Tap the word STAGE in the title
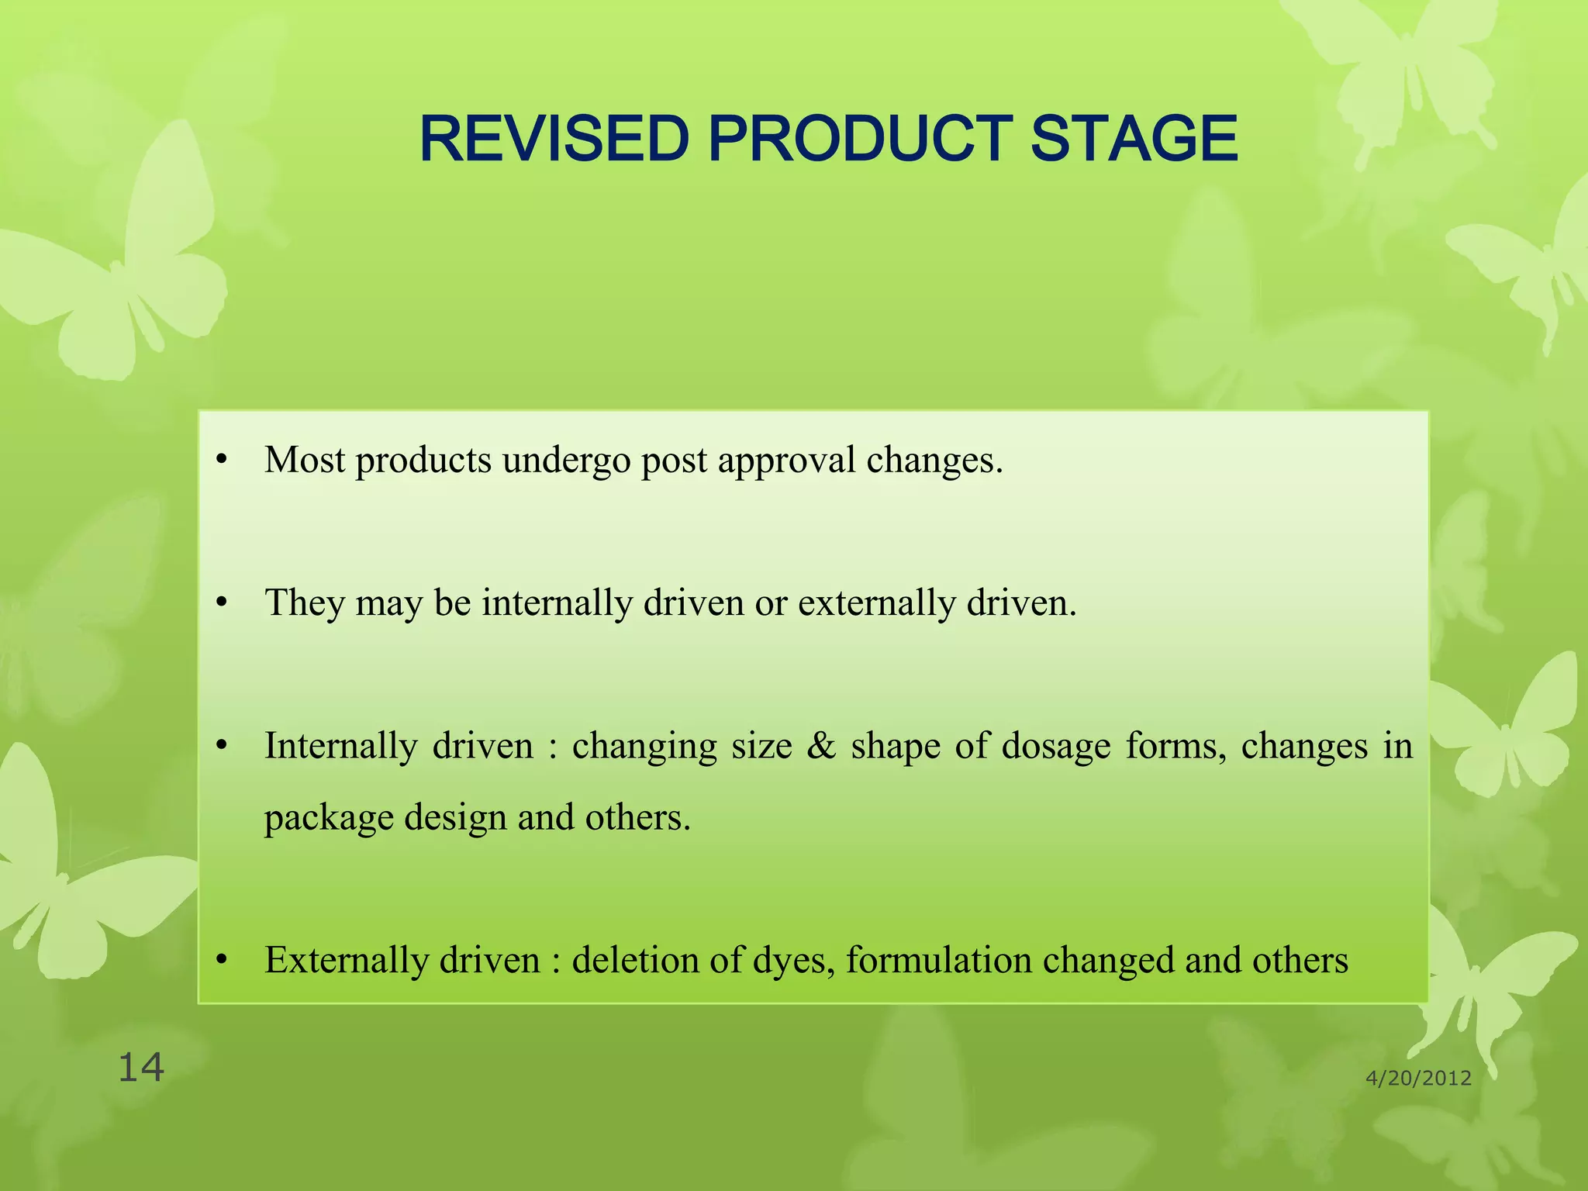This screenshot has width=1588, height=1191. (1134, 139)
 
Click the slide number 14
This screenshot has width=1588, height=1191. (140, 1068)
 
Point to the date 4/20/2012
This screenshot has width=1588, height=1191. (1418, 1078)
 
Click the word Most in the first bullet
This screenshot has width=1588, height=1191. (304, 460)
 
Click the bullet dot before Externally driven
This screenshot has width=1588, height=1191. (223, 961)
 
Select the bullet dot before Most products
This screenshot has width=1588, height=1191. (223, 461)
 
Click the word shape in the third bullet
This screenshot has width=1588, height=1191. (896, 747)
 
